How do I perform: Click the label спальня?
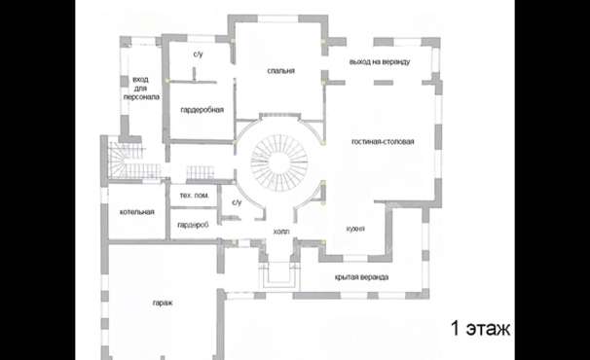click(x=280, y=71)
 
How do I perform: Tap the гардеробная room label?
click(x=203, y=110)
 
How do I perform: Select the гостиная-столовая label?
click(x=383, y=141)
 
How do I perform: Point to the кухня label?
click(x=355, y=229)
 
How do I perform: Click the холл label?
click(x=281, y=232)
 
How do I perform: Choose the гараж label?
click(x=163, y=303)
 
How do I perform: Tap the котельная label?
click(x=137, y=212)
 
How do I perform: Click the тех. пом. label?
click(x=194, y=196)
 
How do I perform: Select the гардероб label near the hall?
click(x=193, y=225)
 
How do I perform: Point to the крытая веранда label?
click(x=361, y=277)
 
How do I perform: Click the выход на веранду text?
click(x=380, y=61)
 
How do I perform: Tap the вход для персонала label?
click(x=141, y=88)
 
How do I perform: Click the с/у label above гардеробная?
click(x=198, y=54)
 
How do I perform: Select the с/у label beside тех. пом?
click(x=237, y=202)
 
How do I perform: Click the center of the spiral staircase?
click(x=279, y=162)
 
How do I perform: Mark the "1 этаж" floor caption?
click(x=480, y=329)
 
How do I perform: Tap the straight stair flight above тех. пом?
click(x=201, y=172)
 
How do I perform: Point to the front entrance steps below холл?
click(x=278, y=275)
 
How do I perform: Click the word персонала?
click(x=141, y=96)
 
